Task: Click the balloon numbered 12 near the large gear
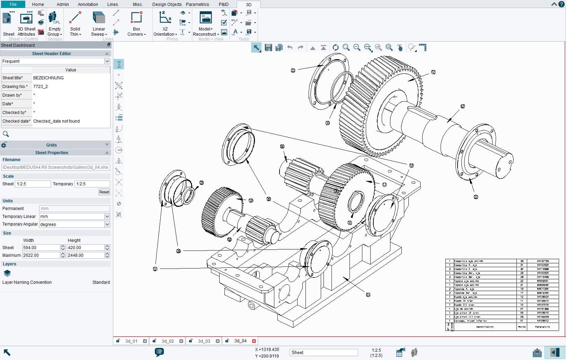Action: pyautogui.click(x=433, y=72)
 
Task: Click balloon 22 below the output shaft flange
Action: pyautogui.click(x=476, y=197)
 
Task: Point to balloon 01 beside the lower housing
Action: pyautogui.click(x=368, y=295)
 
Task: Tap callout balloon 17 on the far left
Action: pyautogui.click(x=155, y=269)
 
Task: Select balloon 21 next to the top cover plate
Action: pyautogui.click(x=293, y=70)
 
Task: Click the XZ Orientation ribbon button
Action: pyautogui.click(x=165, y=24)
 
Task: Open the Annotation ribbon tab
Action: pyautogui.click(x=88, y=5)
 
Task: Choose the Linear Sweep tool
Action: pyautogui.click(x=99, y=24)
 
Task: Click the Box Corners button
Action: pyautogui.click(x=136, y=24)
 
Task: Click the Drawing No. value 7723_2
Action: pyautogui.click(x=41, y=87)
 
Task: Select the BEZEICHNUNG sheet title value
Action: pyautogui.click(x=48, y=78)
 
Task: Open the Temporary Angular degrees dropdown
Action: pyautogui.click(x=107, y=224)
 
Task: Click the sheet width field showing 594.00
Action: pyautogui.click(x=41, y=248)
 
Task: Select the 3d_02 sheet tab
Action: pyautogui.click(x=168, y=341)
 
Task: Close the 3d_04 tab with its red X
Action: pyautogui.click(x=254, y=341)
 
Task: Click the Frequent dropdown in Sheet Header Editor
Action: pyautogui.click(x=55, y=61)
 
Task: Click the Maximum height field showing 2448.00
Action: pyautogui.click(x=85, y=255)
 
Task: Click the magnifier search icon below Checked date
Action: pyautogui.click(x=6, y=134)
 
